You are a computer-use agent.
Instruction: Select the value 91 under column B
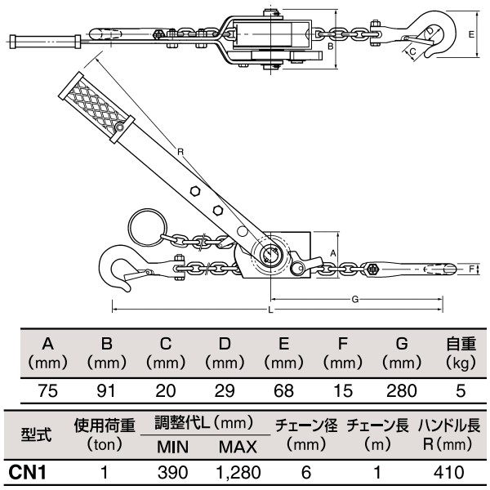click(106, 390)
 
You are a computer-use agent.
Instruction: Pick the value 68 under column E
click(283, 390)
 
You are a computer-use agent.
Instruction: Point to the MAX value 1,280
click(238, 471)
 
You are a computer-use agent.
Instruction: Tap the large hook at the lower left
click(119, 270)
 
